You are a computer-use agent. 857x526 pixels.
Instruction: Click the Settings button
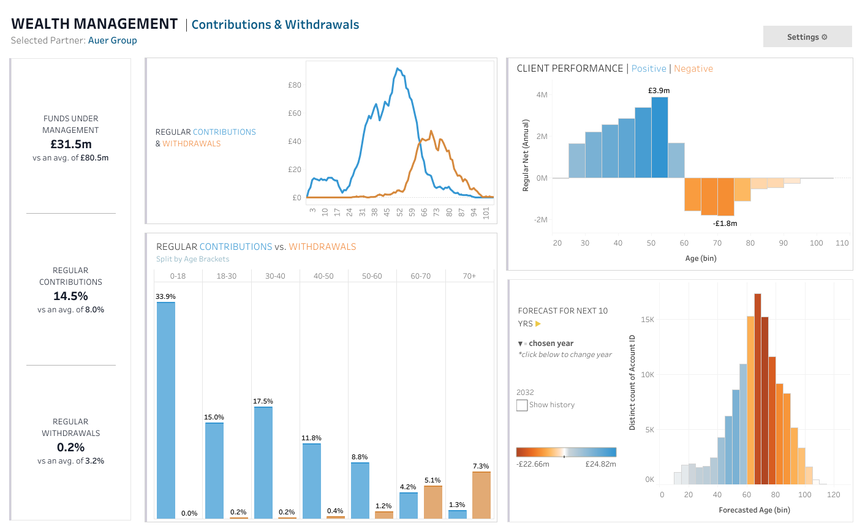coord(807,37)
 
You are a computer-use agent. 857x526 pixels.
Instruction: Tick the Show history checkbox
coord(522,405)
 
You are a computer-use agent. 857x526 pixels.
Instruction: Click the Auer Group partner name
coord(113,40)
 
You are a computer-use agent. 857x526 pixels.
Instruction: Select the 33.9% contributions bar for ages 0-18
coord(165,410)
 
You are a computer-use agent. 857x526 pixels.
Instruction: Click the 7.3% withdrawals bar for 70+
coord(481,495)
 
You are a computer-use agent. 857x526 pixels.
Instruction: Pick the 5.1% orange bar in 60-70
coord(432,502)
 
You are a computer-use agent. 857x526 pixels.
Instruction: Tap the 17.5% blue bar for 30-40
coord(263,462)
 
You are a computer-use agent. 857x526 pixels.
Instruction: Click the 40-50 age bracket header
coord(323,276)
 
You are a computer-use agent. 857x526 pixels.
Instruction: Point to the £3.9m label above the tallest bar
coord(659,90)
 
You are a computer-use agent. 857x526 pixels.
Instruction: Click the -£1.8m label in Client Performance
coord(725,224)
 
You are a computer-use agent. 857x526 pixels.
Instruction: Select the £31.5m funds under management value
coord(71,145)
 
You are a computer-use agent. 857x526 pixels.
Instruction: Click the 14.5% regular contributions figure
coord(71,296)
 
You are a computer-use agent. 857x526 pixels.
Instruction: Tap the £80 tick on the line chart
coord(295,85)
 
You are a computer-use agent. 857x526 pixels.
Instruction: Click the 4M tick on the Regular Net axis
coord(542,94)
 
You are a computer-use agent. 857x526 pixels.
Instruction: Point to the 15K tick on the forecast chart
coord(647,320)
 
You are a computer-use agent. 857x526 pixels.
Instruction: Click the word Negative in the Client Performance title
coord(693,69)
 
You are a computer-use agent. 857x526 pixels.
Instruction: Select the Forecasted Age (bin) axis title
coord(755,509)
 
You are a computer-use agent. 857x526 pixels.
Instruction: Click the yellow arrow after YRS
coord(538,324)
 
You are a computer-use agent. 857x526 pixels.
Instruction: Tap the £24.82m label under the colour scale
coord(601,464)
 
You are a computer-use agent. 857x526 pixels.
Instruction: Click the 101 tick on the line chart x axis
coord(486,213)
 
